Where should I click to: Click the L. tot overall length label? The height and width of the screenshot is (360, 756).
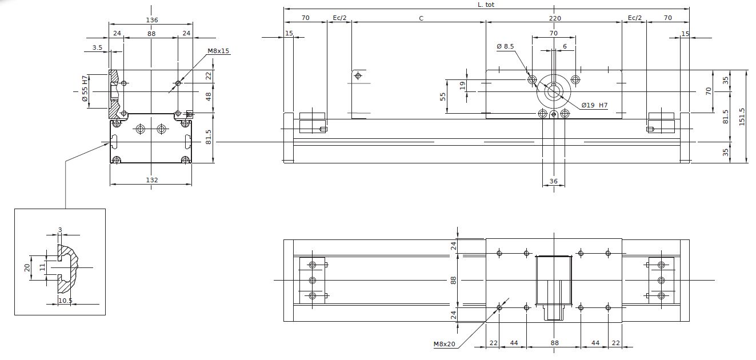486,5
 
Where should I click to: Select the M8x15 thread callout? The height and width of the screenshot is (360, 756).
218,51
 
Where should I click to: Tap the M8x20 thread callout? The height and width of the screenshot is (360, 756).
444,344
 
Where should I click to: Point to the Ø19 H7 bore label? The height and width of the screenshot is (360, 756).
594,105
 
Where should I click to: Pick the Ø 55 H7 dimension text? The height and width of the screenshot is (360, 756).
85,89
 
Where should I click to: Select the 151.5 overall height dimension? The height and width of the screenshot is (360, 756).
742,117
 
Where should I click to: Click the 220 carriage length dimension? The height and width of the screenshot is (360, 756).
555,18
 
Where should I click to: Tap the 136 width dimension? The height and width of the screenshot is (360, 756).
152,20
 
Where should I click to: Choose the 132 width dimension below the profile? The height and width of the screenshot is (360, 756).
152,180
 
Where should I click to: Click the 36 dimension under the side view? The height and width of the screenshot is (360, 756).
554,181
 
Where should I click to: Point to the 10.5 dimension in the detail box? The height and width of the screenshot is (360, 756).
65,300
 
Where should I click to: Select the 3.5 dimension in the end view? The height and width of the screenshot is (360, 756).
97,47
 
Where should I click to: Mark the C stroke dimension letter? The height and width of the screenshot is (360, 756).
421,18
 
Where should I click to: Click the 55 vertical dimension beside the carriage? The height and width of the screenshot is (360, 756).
443,97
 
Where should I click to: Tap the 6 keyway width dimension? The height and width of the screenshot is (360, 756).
565,46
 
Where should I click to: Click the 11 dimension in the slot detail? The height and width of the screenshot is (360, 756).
42,267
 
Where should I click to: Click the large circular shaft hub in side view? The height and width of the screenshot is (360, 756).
554,91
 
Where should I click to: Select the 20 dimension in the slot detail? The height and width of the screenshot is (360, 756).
27,267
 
